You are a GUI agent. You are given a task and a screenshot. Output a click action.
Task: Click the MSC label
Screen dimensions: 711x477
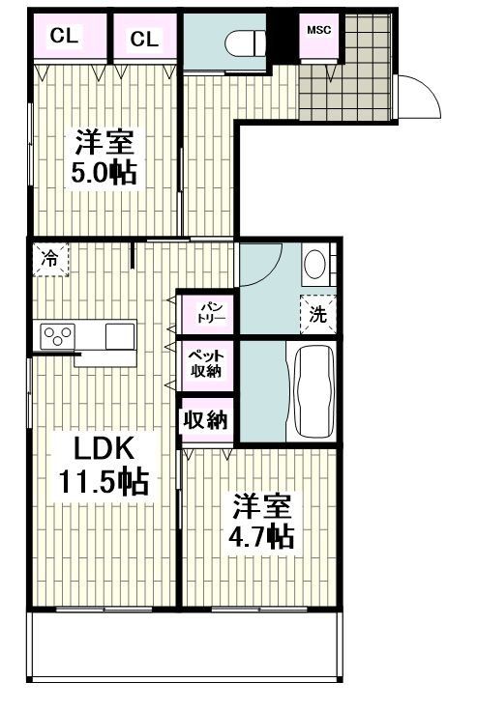(x=318, y=29)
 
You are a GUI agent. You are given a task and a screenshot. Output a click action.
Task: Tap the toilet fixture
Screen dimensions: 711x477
(x=243, y=43)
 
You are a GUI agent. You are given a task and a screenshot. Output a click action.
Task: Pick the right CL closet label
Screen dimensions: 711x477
(x=144, y=38)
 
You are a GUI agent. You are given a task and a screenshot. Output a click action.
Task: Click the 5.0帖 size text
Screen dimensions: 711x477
(x=102, y=173)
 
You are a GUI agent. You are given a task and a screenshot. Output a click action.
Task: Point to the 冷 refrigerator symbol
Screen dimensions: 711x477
(x=48, y=258)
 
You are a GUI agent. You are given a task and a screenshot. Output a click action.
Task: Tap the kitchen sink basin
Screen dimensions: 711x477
(x=121, y=336)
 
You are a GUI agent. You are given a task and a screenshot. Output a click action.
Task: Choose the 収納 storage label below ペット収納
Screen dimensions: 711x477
(x=206, y=420)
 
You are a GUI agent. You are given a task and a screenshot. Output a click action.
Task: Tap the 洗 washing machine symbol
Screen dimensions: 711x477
(x=316, y=312)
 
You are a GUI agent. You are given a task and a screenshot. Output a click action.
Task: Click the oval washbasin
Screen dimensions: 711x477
(x=315, y=264)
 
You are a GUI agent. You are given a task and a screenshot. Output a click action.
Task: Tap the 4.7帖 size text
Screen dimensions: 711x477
(x=262, y=535)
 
